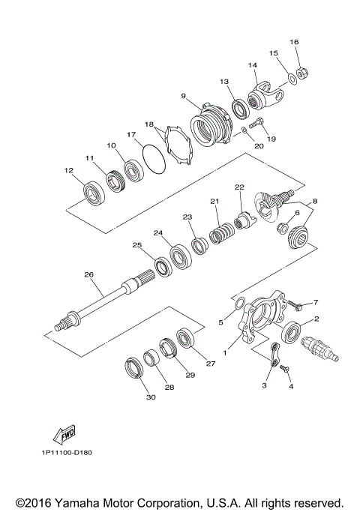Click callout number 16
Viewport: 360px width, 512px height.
pyautogui.click(x=294, y=41)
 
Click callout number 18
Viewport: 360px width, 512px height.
pyautogui.click(x=149, y=124)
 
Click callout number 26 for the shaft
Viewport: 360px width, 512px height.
pyautogui.click(x=88, y=275)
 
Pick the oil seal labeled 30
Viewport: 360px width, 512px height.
pyautogui.click(x=133, y=369)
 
